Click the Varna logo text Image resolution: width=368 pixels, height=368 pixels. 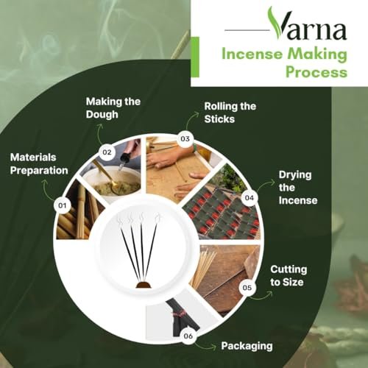tap(308, 24)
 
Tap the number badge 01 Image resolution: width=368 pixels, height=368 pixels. tap(63, 205)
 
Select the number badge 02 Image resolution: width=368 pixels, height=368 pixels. tap(107, 152)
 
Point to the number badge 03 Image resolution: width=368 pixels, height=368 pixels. tap(185, 139)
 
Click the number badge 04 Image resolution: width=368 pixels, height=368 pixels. tap(250, 198)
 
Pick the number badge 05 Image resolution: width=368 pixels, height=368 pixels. tap(247, 288)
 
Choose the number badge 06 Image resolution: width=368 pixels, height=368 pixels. tap(188, 336)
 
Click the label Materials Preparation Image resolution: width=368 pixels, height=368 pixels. tap(39, 164)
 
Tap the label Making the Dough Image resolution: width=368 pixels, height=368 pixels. tap(113, 108)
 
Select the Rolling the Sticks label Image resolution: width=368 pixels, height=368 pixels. tap(230, 113)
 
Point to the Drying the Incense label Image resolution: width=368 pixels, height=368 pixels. tap(298, 188)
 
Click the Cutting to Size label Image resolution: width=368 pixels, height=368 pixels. tap(289, 276)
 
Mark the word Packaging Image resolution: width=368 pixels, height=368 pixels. tap(247, 346)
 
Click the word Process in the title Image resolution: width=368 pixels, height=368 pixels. tap(316, 72)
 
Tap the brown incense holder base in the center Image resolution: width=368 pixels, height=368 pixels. tap(144, 285)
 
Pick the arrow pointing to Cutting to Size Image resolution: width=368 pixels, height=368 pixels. tap(261, 296)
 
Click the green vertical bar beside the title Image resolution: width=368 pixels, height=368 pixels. tap(195, 57)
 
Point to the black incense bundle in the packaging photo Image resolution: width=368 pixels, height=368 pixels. tap(182, 317)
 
